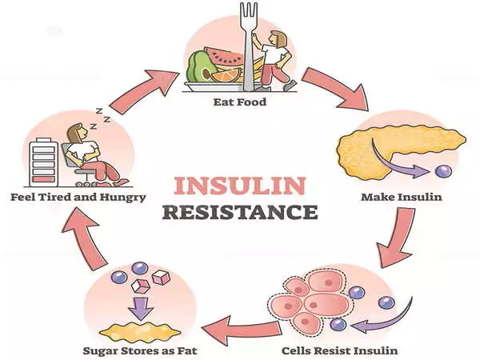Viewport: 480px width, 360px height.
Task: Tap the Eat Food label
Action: click(239, 102)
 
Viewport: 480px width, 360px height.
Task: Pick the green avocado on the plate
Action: click(199, 66)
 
